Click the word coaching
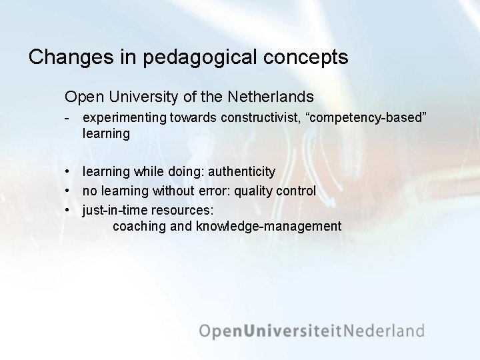139,227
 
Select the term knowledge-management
269,227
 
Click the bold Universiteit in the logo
296,331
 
